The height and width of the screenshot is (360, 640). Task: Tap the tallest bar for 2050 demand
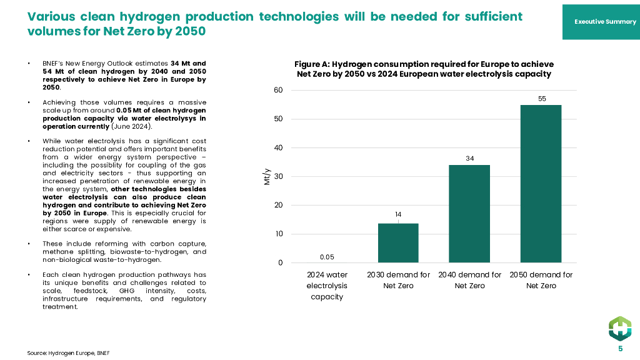pyautogui.click(x=541, y=184)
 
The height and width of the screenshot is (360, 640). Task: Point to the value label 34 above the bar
pyautogui.click(x=469, y=159)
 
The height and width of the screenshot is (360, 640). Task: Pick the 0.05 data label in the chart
pyautogui.click(x=327, y=257)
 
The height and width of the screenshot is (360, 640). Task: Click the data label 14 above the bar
pyautogui.click(x=398, y=215)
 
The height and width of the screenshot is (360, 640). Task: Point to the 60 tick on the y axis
pyautogui.click(x=278, y=91)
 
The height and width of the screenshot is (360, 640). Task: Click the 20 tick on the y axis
pyautogui.click(x=278, y=206)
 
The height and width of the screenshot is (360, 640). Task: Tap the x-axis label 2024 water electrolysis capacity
pyautogui.click(x=327, y=286)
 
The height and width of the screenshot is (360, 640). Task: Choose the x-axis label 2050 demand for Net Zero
pyautogui.click(x=541, y=280)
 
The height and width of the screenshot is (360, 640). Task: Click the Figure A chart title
pyautogui.click(x=424, y=69)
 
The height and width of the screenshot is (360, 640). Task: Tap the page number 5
pyautogui.click(x=620, y=349)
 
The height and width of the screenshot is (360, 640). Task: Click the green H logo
pyautogui.click(x=620, y=328)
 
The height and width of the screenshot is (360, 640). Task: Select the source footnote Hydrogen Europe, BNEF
pyautogui.click(x=63, y=353)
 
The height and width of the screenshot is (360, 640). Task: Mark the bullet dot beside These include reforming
pyautogui.click(x=29, y=243)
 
